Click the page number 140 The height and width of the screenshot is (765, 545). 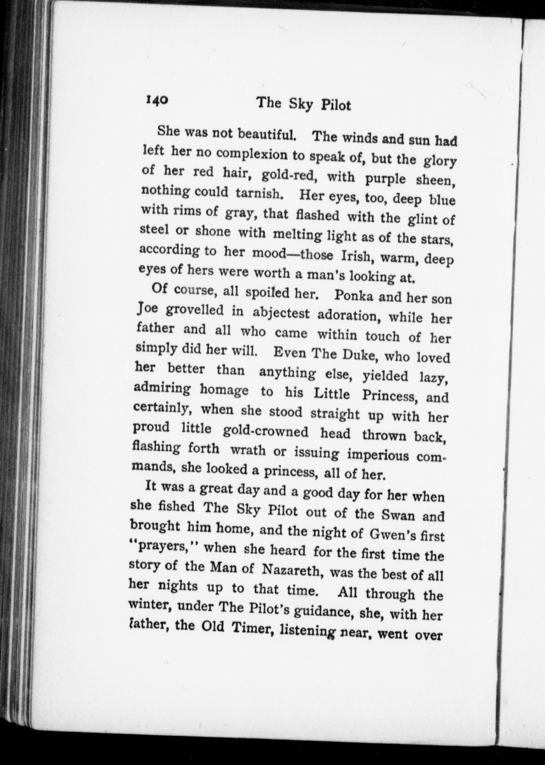pos(157,100)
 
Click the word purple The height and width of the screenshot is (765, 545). pos(385,178)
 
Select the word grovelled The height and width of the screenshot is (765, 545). pos(194,311)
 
